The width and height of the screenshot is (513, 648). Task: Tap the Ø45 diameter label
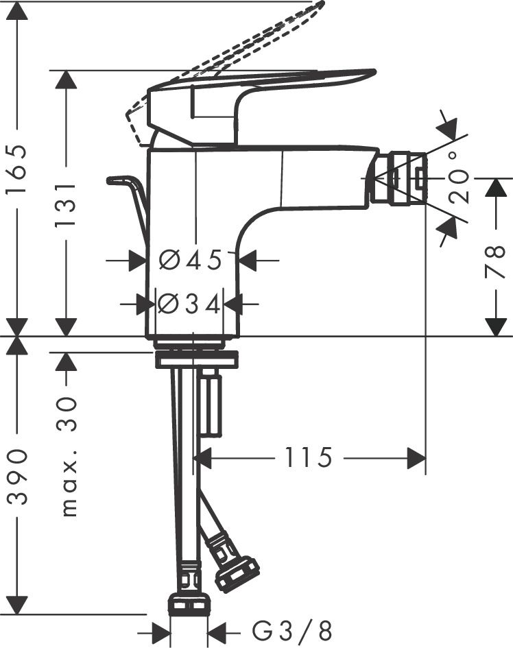(x=191, y=261)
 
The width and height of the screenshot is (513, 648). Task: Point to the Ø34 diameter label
(x=189, y=303)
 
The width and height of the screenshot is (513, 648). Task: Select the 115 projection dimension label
(x=309, y=457)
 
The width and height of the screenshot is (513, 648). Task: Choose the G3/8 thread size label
(x=292, y=629)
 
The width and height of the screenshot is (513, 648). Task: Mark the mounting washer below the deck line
(x=196, y=359)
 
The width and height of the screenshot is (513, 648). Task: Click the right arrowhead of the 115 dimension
(x=417, y=457)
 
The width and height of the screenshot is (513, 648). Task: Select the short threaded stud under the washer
(x=211, y=405)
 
